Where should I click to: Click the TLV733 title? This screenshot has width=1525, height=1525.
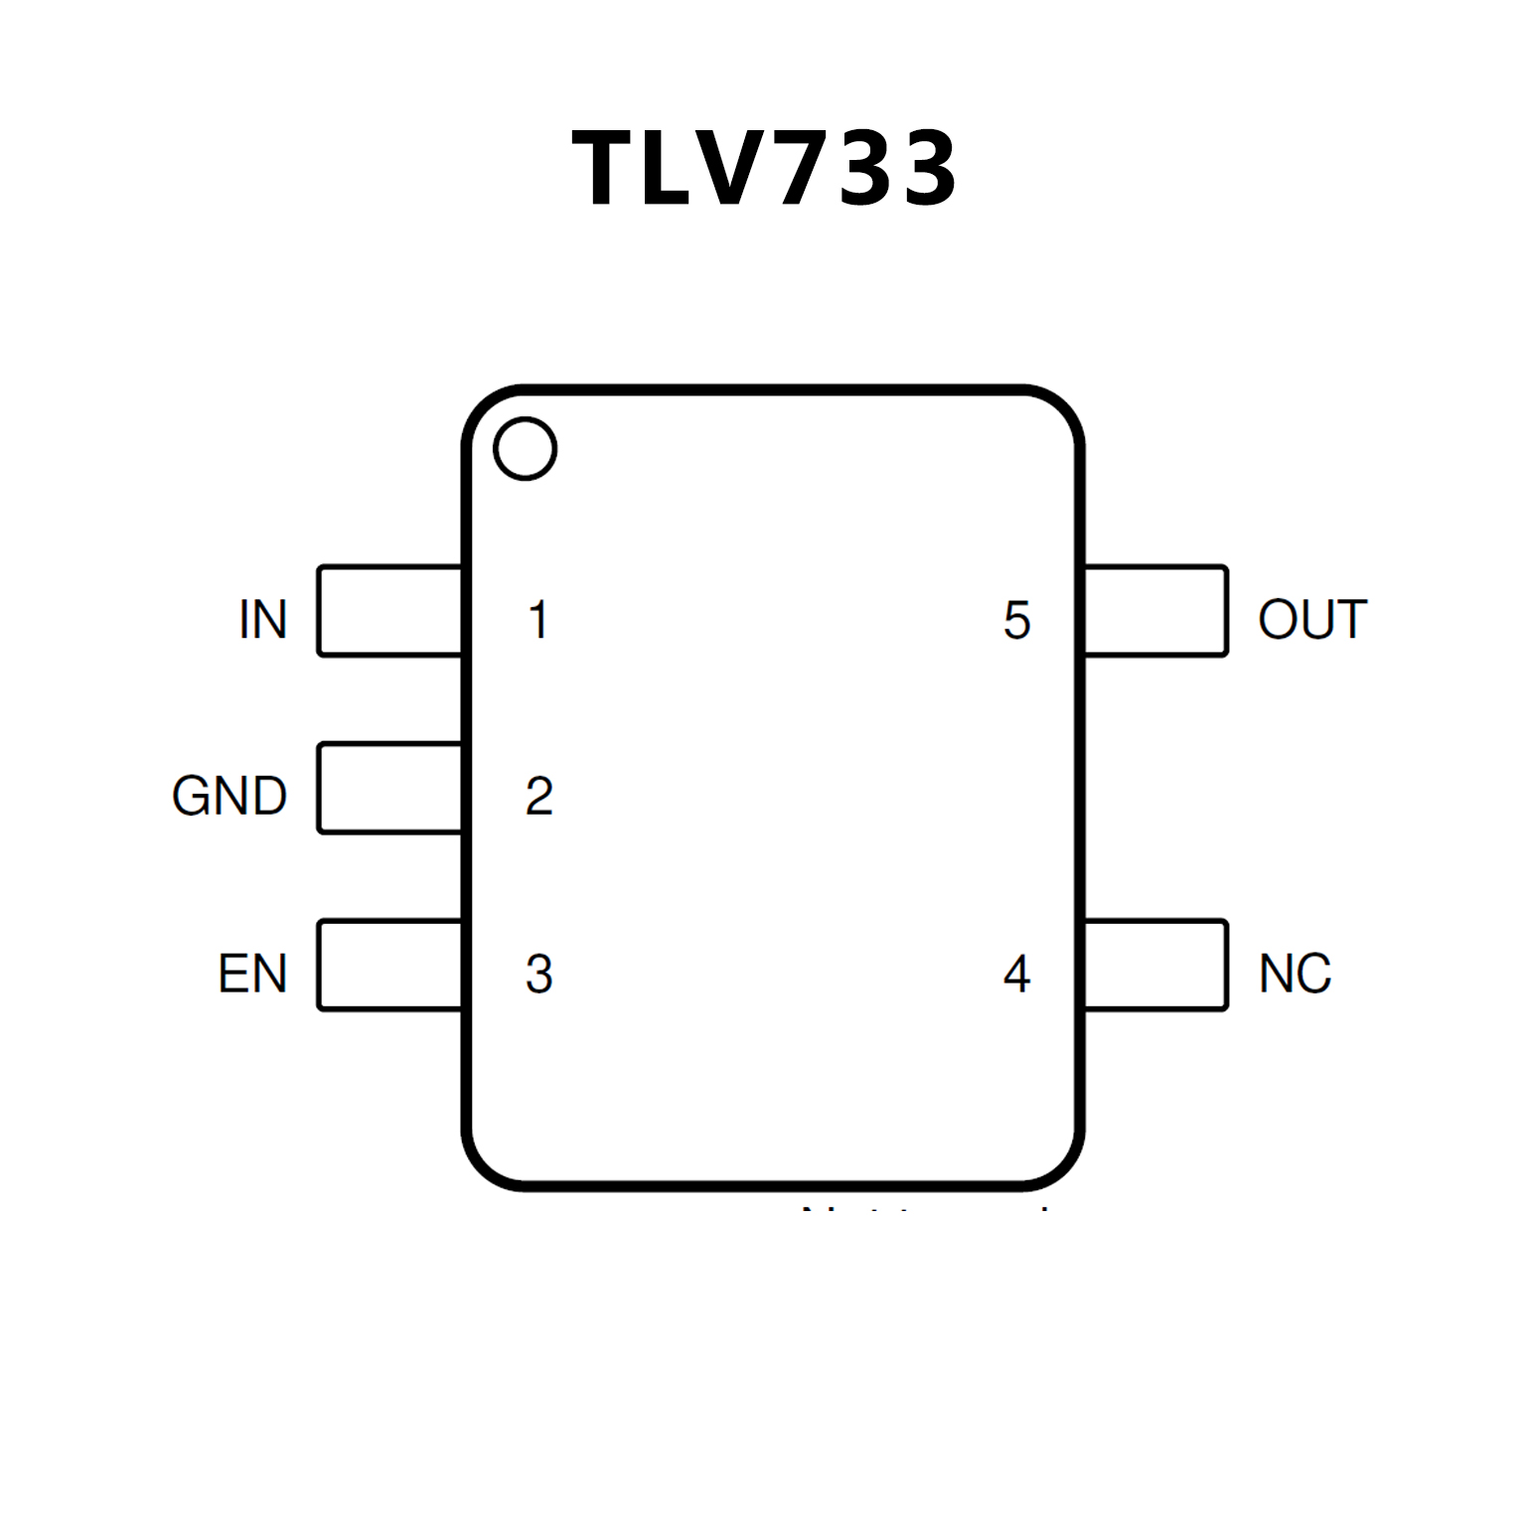pyautogui.click(x=763, y=169)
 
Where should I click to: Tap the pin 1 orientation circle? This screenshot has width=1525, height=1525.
pyautogui.click(x=525, y=449)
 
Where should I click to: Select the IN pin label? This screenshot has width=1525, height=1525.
pyautogui.click(x=263, y=620)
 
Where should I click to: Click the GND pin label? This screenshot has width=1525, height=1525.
pyautogui.click(x=229, y=796)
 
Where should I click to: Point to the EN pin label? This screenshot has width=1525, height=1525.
pyautogui.click(x=252, y=974)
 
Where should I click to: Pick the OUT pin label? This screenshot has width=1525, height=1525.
pyautogui.click(x=1312, y=620)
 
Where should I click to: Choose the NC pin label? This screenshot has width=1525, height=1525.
pyautogui.click(x=1295, y=974)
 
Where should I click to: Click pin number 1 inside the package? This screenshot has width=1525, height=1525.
pyautogui.click(x=538, y=620)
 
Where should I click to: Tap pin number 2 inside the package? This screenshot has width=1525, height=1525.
pyautogui.click(x=538, y=796)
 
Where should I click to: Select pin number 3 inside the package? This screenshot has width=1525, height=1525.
pyautogui.click(x=538, y=974)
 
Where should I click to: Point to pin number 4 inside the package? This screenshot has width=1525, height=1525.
pyautogui.click(x=1016, y=974)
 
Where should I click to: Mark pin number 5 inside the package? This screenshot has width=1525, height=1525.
pyautogui.click(x=1016, y=620)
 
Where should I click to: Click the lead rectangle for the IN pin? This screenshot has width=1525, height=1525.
pyautogui.click(x=389, y=611)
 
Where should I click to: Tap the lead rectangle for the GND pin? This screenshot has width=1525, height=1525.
pyautogui.click(x=389, y=788)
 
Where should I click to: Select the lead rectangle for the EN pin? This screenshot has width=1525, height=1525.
pyautogui.click(x=389, y=965)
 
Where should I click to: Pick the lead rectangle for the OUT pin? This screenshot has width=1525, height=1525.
pyautogui.click(x=1156, y=611)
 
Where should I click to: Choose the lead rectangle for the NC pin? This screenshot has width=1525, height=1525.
pyautogui.click(x=1156, y=965)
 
